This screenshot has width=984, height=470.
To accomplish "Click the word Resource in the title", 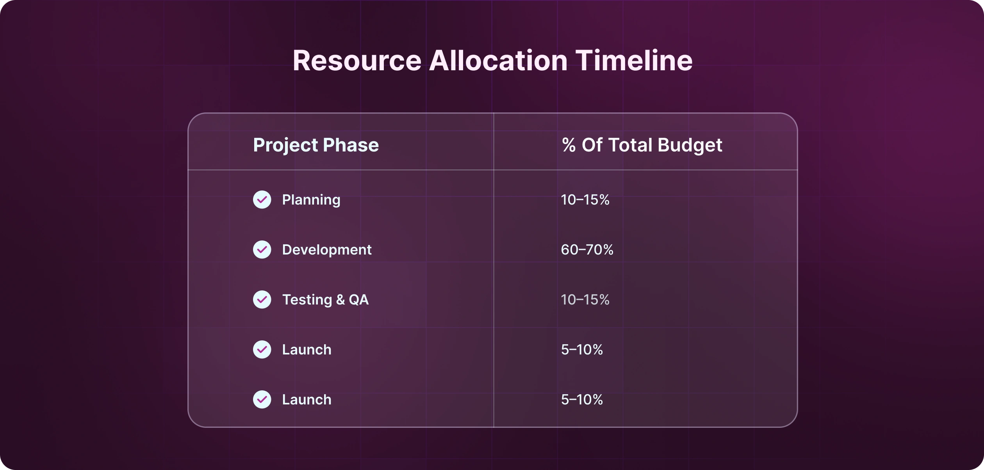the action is pyautogui.click(x=357, y=61).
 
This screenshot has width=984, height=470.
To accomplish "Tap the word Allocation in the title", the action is pyautogui.click(x=498, y=61).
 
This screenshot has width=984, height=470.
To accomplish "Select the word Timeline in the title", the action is pyautogui.click(x=634, y=61).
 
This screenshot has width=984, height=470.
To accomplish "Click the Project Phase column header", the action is pyautogui.click(x=316, y=145).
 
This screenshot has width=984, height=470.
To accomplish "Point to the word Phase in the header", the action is pyautogui.click(x=351, y=145).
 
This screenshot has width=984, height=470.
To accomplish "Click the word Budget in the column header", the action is pyautogui.click(x=690, y=145).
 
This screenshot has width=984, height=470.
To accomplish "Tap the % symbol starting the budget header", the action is pyautogui.click(x=569, y=145).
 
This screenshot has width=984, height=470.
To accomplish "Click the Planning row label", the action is pyautogui.click(x=311, y=200).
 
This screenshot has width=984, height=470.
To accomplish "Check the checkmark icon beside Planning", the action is pyautogui.click(x=262, y=199).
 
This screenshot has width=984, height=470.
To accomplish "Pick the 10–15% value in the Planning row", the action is pyautogui.click(x=585, y=200).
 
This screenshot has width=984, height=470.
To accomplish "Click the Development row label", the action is pyautogui.click(x=327, y=250).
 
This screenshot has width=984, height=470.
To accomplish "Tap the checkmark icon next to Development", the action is pyautogui.click(x=262, y=249).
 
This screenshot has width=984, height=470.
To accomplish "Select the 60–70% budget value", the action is pyautogui.click(x=587, y=250).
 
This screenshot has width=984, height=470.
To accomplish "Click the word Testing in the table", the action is pyautogui.click(x=307, y=300).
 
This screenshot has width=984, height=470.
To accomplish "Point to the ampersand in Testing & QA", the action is pyautogui.click(x=340, y=300).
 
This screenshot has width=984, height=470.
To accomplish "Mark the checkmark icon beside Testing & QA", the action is pyautogui.click(x=262, y=299).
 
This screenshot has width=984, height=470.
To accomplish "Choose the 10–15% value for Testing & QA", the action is pyautogui.click(x=585, y=300).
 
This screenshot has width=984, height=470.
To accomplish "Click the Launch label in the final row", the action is pyautogui.click(x=307, y=400).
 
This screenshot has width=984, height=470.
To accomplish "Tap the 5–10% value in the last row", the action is pyautogui.click(x=582, y=400).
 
